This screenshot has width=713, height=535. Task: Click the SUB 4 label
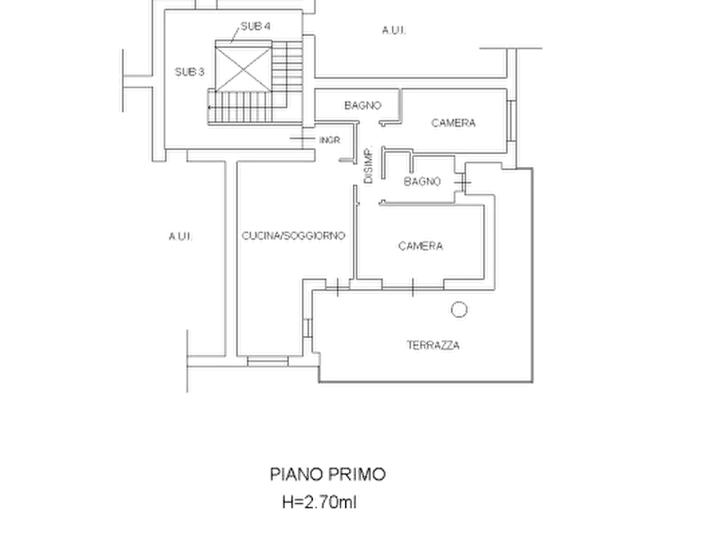[x=255, y=26]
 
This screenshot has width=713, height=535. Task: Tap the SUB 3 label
[x=189, y=72]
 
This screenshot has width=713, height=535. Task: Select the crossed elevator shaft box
[x=244, y=69]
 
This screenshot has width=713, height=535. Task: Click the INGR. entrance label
[x=330, y=140]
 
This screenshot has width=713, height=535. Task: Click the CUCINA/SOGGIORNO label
[x=293, y=236]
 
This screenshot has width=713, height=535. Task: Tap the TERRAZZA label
[x=433, y=345]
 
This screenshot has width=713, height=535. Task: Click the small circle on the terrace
[x=459, y=309]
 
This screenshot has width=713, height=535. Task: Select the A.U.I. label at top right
[x=394, y=30]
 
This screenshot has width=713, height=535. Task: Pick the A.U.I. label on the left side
[x=180, y=236]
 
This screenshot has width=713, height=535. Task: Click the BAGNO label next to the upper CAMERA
[x=362, y=105]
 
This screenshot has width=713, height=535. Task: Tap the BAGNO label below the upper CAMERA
[x=422, y=181]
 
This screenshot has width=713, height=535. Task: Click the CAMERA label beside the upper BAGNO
[x=454, y=123]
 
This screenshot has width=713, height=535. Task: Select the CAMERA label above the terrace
[x=421, y=246]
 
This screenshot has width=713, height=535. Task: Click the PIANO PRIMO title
[x=328, y=474]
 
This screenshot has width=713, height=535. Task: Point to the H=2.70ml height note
[x=319, y=502]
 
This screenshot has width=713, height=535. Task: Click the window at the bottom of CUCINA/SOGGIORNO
[x=267, y=361]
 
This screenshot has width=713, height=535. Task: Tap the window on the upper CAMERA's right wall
[x=512, y=120]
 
